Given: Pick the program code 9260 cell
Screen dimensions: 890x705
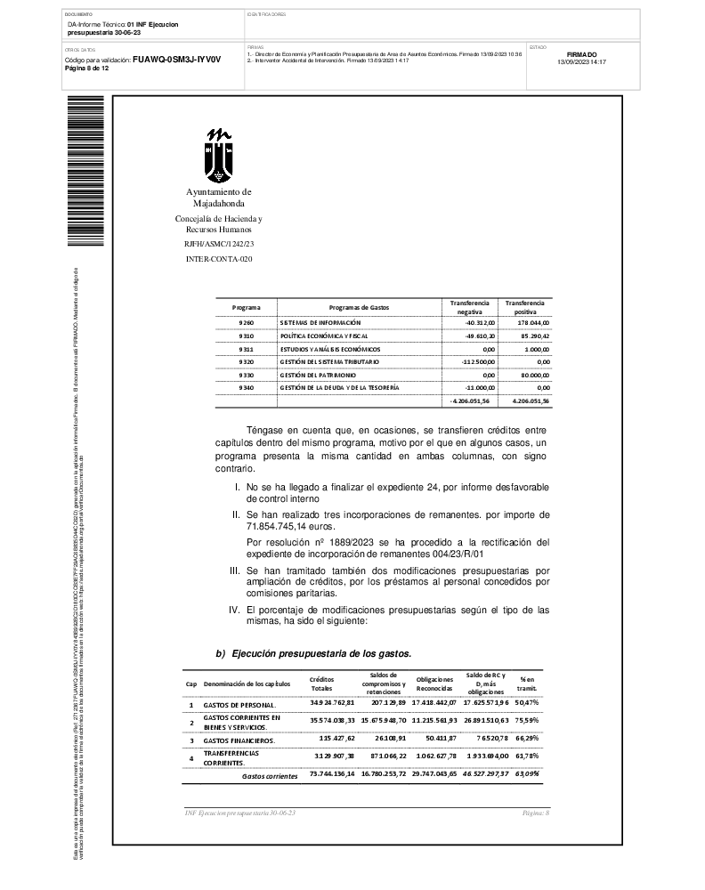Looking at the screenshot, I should point(247,321).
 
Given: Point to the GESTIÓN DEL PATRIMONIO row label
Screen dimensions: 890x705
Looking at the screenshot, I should point(322,376).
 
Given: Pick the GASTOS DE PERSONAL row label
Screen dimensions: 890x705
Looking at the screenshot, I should point(239,704).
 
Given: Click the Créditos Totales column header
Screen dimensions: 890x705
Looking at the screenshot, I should point(321,684).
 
